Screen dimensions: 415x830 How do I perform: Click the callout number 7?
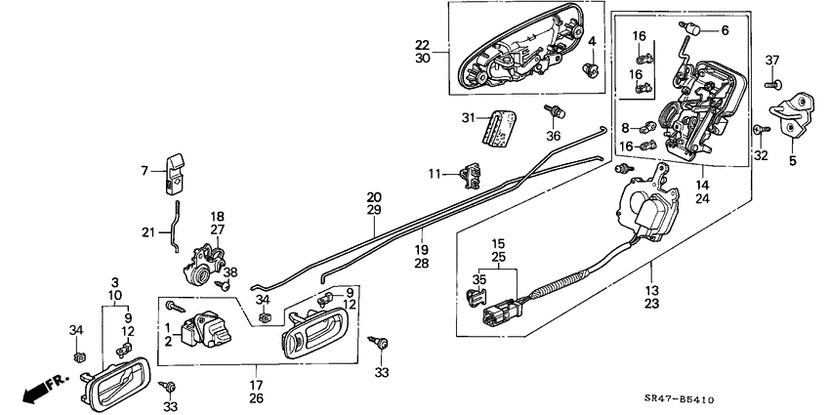145,170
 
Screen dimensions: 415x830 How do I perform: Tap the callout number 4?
591,40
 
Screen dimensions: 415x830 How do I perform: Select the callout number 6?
725,30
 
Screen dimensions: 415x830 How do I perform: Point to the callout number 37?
772,61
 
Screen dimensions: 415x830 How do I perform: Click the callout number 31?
468,119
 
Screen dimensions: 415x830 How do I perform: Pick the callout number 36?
553,137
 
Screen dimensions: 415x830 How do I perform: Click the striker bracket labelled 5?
793,116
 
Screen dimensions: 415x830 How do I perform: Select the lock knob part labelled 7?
177,169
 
